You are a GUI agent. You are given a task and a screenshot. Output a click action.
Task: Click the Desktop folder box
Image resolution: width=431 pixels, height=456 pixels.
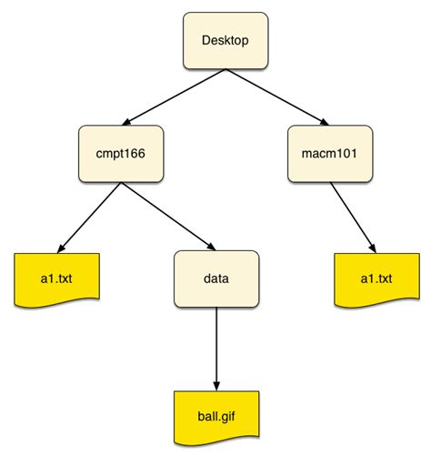[225, 41]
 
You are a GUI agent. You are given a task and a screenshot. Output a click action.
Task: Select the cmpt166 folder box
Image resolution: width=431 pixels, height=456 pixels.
[120, 153]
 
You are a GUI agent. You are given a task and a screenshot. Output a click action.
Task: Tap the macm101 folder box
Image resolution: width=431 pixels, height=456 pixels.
[329, 153]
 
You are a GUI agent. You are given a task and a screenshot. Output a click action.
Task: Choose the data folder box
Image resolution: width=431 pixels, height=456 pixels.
[216, 276]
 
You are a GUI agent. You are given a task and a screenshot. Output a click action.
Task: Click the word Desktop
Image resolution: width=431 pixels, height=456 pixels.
[225, 41]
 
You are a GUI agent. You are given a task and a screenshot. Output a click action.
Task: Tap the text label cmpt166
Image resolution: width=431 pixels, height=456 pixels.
[120, 153]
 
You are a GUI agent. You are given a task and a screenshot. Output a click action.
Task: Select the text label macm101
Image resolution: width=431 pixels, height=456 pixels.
[329, 153]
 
